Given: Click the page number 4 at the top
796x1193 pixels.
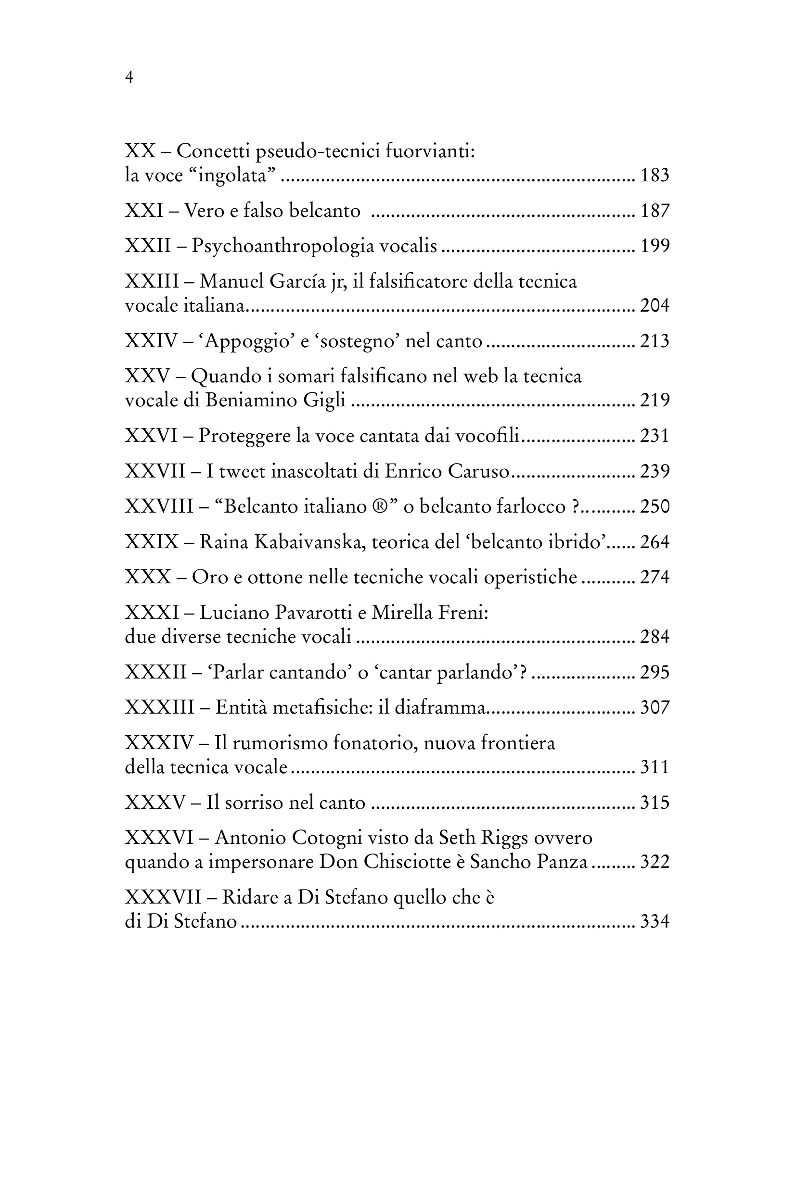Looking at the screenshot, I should tap(129, 77).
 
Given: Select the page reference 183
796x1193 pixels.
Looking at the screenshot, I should tap(655, 175).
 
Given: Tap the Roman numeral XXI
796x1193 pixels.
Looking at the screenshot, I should tap(144, 211).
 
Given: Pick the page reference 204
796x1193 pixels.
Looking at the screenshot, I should tap(655, 305).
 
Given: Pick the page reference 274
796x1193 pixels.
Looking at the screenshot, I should tap(655, 577).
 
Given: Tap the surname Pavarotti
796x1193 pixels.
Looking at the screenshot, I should tap(313, 613).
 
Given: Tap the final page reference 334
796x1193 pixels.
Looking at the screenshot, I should tap(655, 921).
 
